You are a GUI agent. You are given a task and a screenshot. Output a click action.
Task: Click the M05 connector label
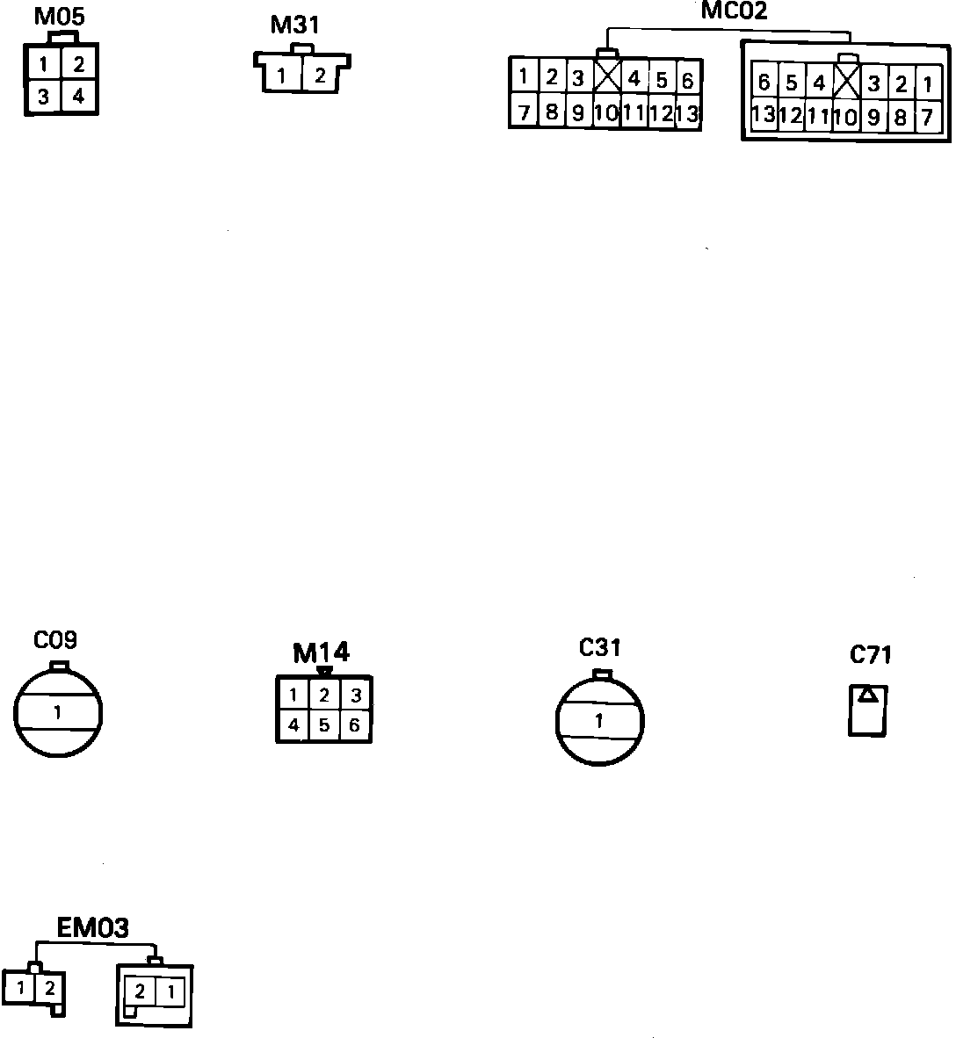pyautogui.click(x=59, y=18)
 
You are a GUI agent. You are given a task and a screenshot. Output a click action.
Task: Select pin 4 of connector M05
pyautogui.click(x=78, y=97)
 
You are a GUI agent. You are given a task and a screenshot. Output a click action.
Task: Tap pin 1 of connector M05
pyautogui.click(x=43, y=64)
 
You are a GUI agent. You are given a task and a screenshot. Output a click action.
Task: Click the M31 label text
pyautogui.click(x=294, y=25)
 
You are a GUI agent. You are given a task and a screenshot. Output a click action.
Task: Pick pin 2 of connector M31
pyautogui.click(x=320, y=76)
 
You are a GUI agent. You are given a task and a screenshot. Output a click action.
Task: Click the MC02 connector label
pyautogui.click(x=734, y=11)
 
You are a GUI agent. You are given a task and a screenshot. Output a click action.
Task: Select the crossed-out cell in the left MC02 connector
pyautogui.click(x=606, y=77)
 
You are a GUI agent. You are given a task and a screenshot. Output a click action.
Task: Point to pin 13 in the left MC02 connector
pyautogui.click(x=687, y=112)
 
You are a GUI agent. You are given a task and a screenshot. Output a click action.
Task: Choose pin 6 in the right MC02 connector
pyautogui.click(x=764, y=83)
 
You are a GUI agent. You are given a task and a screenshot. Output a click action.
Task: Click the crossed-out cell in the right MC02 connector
pyautogui.click(x=845, y=84)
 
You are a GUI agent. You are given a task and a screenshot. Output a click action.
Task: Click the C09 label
pyautogui.click(x=55, y=640)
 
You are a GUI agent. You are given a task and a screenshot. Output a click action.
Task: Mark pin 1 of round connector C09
pyautogui.click(x=57, y=712)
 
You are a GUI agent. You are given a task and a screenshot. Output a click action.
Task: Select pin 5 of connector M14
pyautogui.click(x=324, y=725)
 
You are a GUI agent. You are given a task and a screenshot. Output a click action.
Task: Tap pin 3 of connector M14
pyautogui.click(x=355, y=696)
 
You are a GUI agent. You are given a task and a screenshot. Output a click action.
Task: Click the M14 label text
pyautogui.click(x=321, y=652)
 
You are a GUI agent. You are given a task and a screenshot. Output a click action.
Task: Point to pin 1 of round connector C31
pyautogui.click(x=599, y=722)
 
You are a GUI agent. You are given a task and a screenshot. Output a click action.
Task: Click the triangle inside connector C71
pyautogui.click(x=867, y=695)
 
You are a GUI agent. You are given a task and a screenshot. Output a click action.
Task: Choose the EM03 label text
pyautogui.click(x=92, y=928)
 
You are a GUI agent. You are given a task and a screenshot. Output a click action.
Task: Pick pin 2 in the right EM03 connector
pyautogui.click(x=140, y=992)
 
